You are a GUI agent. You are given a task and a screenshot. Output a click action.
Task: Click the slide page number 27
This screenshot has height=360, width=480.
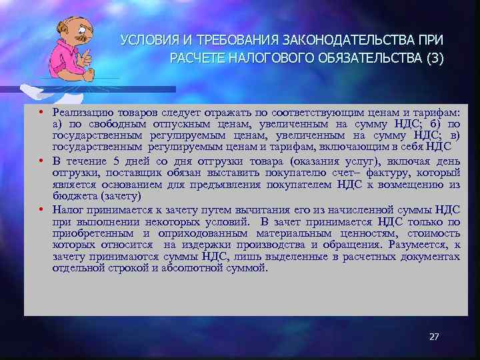tap(434, 337)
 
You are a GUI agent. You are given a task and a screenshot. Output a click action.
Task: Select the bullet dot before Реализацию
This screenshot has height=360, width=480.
tap(41, 113)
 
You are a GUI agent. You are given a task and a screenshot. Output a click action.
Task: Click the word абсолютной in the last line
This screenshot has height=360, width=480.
tap(191, 268)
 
